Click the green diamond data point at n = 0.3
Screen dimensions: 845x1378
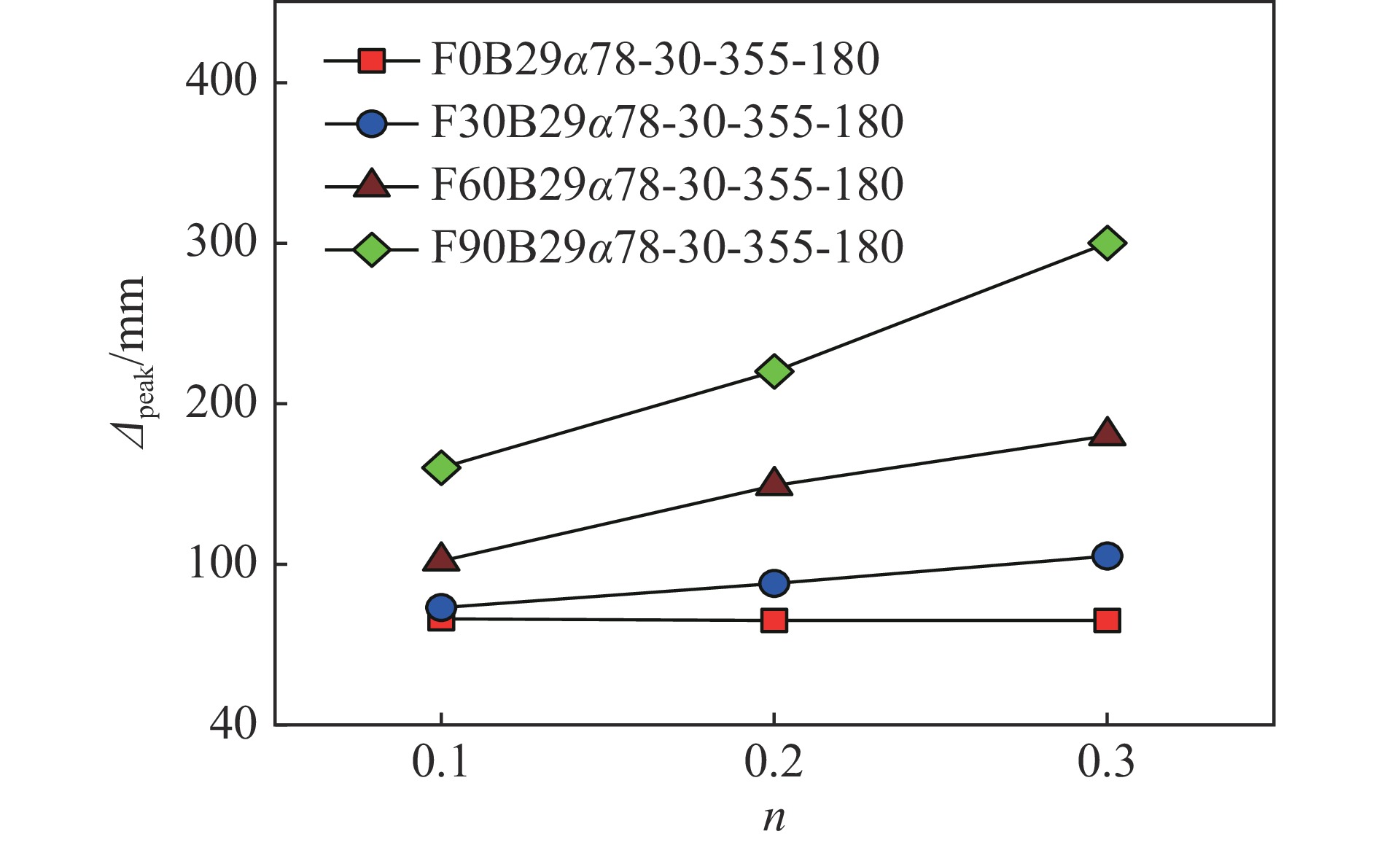pyautogui.click(x=1107, y=243)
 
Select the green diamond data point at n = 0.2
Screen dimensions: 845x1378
pyautogui.click(x=774, y=371)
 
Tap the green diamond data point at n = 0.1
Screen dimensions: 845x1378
pyautogui.click(x=440, y=467)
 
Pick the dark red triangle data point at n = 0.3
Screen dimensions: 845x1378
pyautogui.click(x=1107, y=433)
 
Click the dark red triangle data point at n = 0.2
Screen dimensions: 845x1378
pyautogui.click(x=774, y=483)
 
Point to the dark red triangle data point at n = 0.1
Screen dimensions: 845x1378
pyautogui.click(x=440, y=558)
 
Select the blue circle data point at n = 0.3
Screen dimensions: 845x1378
pyautogui.click(x=1107, y=556)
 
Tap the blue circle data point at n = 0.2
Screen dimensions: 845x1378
pyautogui.click(x=774, y=583)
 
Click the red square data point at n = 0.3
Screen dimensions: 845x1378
pyautogui.click(x=1107, y=620)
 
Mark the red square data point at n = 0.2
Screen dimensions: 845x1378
pyautogui.click(x=774, y=620)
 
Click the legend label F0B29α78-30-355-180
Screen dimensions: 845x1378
pyautogui.click(x=655, y=59)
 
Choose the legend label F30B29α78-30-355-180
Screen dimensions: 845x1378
pyautogui.click(x=667, y=122)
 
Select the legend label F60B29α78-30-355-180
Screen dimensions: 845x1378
pyautogui.click(x=667, y=184)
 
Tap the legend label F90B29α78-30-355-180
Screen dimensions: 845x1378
pyautogui.click(x=667, y=247)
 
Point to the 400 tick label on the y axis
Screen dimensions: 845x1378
pyautogui.click(x=222, y=80)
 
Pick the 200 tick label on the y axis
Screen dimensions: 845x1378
pyautogui.click(x=222, y=402)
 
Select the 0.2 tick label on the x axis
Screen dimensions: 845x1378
pyautogui.click(x=774, y=763)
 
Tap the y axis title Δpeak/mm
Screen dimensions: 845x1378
pyautogui.click(x=131, y=363)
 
